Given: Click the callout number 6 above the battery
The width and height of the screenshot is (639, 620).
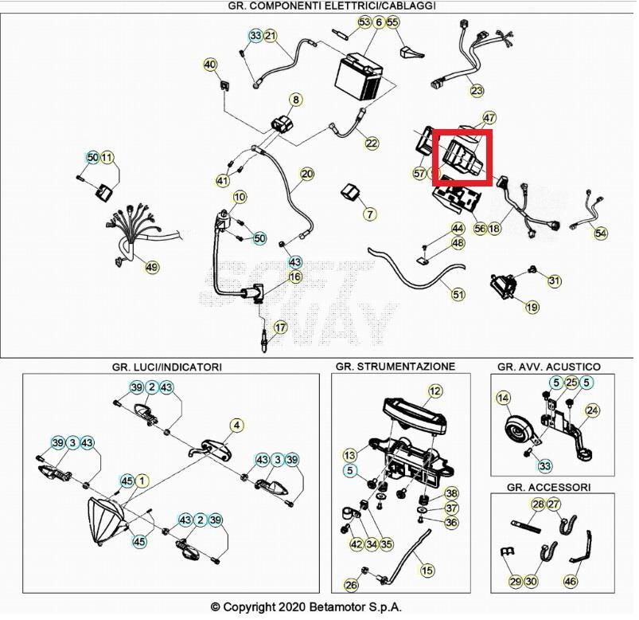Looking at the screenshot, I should (379, 22).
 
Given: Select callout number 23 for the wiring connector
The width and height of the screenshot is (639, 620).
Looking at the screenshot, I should (477, 91).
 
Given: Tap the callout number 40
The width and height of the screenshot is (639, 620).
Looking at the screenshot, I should (210, 65).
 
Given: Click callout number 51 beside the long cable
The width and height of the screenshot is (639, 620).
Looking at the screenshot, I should (458, 294).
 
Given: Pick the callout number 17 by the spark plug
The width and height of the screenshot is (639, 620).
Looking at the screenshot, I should (280, 328).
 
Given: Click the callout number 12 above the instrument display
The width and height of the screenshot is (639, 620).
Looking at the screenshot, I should (434, 391).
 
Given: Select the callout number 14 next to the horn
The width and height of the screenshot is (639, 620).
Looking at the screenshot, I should (503, 398).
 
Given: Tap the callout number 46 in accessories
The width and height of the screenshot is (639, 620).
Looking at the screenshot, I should (570, 581).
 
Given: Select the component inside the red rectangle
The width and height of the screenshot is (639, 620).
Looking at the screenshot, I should (462, 157).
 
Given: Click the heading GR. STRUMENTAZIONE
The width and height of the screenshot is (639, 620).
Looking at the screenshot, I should (395, 367).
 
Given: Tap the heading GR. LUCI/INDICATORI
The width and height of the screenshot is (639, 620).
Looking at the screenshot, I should (167, 367).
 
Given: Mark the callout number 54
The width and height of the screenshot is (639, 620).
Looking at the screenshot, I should (600, 233).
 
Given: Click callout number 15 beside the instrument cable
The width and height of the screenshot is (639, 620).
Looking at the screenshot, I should (427, 571).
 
